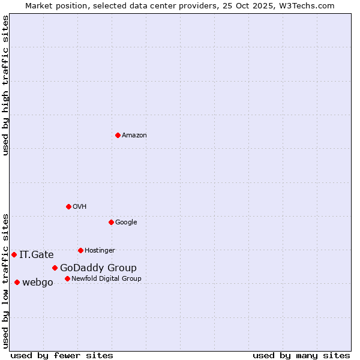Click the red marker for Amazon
(118, 135)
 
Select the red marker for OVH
(68, 206)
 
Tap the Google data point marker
(111, 222)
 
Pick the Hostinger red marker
(80, 250)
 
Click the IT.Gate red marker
(14, 254)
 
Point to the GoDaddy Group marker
(55, 268)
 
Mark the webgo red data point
(17, 282)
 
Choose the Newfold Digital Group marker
(67, 278)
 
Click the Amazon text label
(134, 135)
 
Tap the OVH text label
(80, 206)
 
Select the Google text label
(126, 222)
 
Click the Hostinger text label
(100, 250)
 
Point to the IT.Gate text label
(37, 254)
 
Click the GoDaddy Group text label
(98, 268)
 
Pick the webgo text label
(38, 282)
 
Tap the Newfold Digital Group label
(106, 278)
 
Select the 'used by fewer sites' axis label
(62, 355)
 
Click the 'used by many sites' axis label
(301, 355)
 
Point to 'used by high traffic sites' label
(5, 85)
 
